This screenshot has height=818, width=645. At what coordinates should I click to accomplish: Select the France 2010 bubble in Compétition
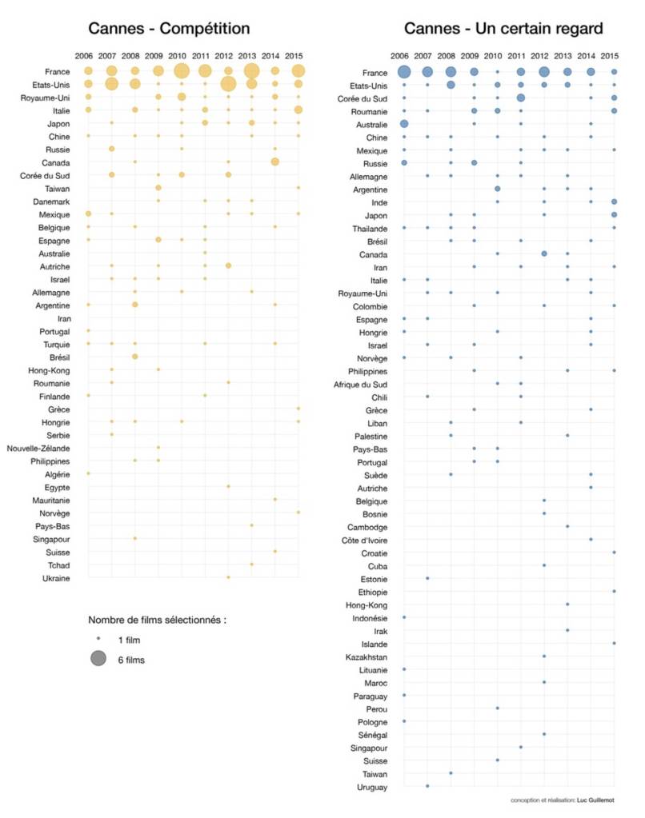tap(182, 71)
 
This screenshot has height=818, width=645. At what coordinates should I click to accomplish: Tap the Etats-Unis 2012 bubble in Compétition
tap(228, 84)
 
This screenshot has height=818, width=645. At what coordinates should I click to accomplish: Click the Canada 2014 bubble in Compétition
tap(275, 162)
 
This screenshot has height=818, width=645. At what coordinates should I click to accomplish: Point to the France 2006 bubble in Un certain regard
tap(404, 71)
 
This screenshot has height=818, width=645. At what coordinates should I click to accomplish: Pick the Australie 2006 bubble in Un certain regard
tap(404, 123)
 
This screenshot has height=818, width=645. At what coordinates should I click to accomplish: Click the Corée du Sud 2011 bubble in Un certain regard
tap(521, 98)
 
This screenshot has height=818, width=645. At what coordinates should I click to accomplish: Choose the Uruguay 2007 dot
tap(427, 786)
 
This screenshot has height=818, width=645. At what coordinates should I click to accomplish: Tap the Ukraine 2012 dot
tap(228, 577)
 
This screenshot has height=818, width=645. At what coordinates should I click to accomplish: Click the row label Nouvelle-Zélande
tap(41, 448)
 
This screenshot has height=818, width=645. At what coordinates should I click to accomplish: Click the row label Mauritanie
tap(50, 500)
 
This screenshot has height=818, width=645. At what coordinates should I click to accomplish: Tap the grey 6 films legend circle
tap(98, 660)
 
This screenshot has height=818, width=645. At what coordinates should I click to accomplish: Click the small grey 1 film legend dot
tap(98, 639)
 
